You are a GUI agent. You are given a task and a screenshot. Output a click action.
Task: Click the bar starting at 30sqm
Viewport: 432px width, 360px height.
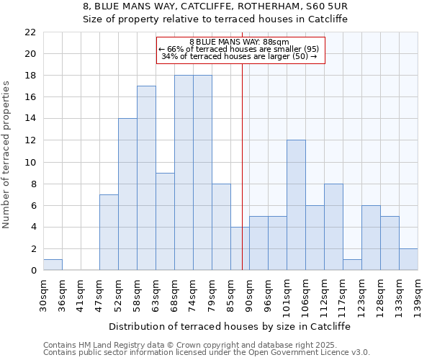pyautogui.click(x=53, y=265)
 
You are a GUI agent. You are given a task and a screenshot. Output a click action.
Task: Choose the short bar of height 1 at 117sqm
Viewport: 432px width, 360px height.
pyautogui.click(x=352, y=265)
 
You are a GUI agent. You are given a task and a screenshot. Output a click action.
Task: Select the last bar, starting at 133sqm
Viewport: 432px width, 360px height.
pyautogui.click(x=408, y=259)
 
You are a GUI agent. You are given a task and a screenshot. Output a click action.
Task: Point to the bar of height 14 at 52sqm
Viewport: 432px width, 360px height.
pyautogui.click(x=127, y=194)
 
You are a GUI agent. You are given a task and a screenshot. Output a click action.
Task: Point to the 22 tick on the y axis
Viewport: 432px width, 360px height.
pyautogui.click(x=30, y=32)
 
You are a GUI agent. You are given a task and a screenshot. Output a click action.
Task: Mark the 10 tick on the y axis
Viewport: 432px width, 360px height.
pyautogui.click(x=30, y=163)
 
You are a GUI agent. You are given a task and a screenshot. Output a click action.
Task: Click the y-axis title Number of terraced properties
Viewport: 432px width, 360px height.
pyautogui.click(x=6, y=155)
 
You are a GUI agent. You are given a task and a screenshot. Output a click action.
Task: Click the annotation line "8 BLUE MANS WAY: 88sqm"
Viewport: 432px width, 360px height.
pyautogui.click(x=240, y=42)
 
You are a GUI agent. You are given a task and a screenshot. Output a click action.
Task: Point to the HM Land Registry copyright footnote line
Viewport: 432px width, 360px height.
pyautogui.click(x=191, y=345)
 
